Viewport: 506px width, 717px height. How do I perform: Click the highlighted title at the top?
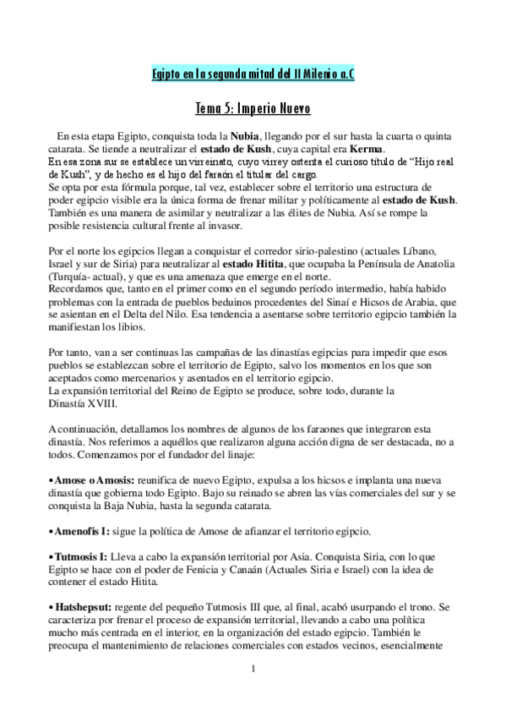(x=253, y=74)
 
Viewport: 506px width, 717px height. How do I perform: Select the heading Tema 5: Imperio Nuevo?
(x=253, y=109)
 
